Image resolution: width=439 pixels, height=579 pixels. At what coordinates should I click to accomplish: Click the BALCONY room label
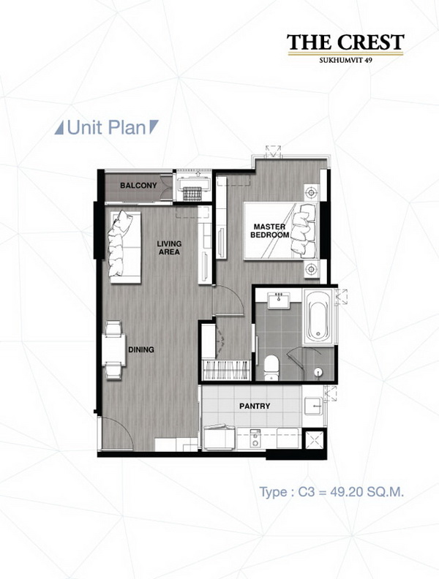138,186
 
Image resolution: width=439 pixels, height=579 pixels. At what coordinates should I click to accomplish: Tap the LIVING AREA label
169,248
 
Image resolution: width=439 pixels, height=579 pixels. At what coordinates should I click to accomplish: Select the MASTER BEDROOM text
269,231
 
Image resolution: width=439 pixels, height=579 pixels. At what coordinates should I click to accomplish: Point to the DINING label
141,349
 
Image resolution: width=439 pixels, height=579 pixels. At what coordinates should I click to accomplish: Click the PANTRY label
255,406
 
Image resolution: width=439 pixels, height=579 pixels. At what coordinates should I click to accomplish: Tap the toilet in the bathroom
271,368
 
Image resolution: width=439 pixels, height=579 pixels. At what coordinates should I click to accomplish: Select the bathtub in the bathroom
319,317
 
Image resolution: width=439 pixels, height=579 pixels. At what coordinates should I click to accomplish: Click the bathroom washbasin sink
279,300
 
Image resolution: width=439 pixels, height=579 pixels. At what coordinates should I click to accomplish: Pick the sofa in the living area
125,247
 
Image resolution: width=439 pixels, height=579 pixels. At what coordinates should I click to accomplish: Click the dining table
114,349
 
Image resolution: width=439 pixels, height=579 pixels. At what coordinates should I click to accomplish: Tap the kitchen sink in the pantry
313,406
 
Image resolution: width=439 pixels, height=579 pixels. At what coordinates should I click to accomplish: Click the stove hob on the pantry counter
255,439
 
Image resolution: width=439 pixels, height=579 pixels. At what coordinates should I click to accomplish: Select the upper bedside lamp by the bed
311,192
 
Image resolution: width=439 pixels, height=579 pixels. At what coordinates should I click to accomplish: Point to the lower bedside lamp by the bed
311,269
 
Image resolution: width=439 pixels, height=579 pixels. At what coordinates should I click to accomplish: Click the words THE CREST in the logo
345,42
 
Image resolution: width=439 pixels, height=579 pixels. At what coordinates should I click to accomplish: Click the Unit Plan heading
106,128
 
